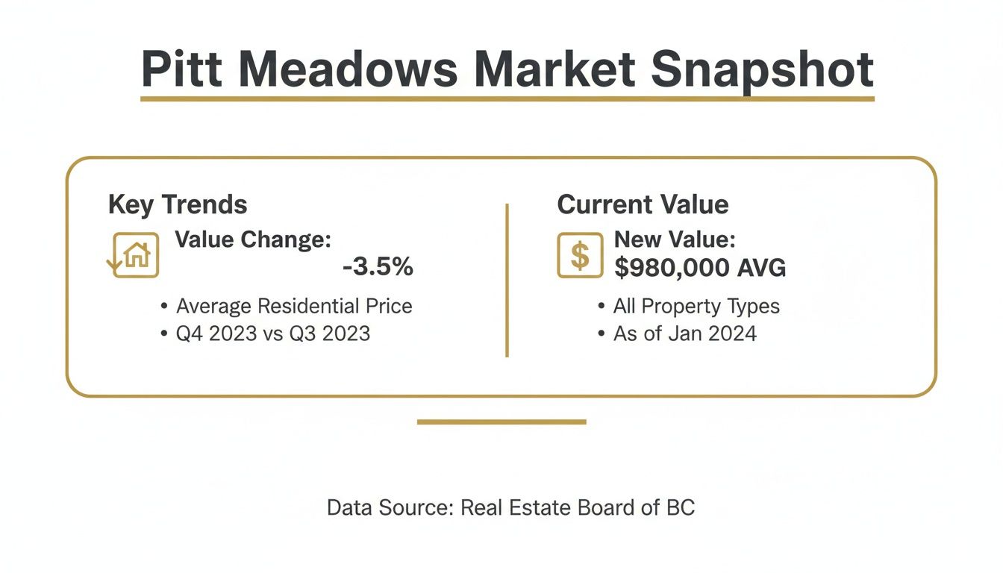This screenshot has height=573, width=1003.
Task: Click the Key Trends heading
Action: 178,204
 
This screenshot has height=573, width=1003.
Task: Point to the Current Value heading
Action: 643,204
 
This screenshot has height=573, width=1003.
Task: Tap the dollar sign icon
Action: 580,255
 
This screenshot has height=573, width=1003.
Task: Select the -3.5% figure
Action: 378,267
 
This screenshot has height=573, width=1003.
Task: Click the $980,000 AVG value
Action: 700,267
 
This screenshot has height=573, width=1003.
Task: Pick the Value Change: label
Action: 253,240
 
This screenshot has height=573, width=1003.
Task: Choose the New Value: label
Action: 675,240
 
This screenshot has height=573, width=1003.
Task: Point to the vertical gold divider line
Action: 507,281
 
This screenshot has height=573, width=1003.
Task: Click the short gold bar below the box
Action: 501,422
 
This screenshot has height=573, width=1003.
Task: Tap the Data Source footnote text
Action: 511,508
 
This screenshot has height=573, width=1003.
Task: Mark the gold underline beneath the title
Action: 507,98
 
